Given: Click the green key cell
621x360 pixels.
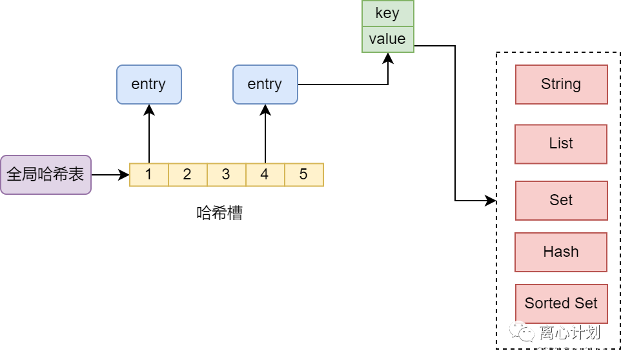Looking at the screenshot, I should tap(387, 14).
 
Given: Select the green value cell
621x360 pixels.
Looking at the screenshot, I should tap(387, 39).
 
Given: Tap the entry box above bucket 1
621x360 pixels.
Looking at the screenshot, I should tap(149, 85).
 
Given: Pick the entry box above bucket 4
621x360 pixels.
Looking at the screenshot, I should tap(265, 85).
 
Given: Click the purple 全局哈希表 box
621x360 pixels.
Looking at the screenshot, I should tap(46, 175).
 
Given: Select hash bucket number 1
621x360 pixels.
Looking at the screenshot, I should tap(149, 175).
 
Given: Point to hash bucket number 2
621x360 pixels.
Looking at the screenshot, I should tap(188, 175).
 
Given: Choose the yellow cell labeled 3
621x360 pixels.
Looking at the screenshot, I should tap(227, 175).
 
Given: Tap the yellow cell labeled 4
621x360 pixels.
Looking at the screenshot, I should tap(265, 175).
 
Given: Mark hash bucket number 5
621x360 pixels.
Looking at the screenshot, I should tap(304, 175).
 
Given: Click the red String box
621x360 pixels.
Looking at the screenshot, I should tap(561, 85).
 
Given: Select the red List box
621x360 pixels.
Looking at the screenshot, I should tap(561, 144).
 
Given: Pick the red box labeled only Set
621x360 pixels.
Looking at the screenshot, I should tap(561, 201).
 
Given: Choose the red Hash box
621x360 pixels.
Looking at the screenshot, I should tap(561, 252).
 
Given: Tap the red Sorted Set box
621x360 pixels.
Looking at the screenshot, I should tap(561, 304).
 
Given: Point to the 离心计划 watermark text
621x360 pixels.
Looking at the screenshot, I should tap(570, 333).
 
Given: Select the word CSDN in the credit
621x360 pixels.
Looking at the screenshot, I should tap(547, 351).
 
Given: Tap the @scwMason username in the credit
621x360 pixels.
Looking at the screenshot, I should tap(585, 351).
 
